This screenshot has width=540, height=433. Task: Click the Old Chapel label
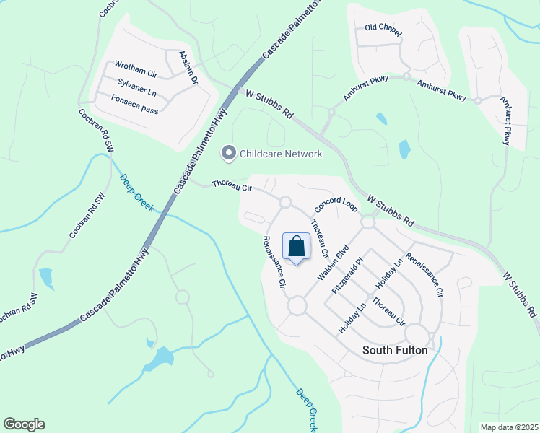click(383, 28)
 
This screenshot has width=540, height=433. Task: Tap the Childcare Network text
click(281, 154)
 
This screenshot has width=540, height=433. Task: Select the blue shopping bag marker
click(297, 247)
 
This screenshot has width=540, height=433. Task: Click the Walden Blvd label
click(333, 263)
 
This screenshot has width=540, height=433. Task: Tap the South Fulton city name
click(394, 350)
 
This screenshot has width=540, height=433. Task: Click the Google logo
click(24, 424)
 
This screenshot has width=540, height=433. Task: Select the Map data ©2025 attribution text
click(508, 427)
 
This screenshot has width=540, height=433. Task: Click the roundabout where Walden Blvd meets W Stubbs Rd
click(368, 223)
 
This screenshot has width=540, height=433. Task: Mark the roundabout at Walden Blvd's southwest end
click(297, 307)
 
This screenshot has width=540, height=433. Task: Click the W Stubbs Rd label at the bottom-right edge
click(520, 296)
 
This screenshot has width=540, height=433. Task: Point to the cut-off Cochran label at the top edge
click(108, 7)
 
